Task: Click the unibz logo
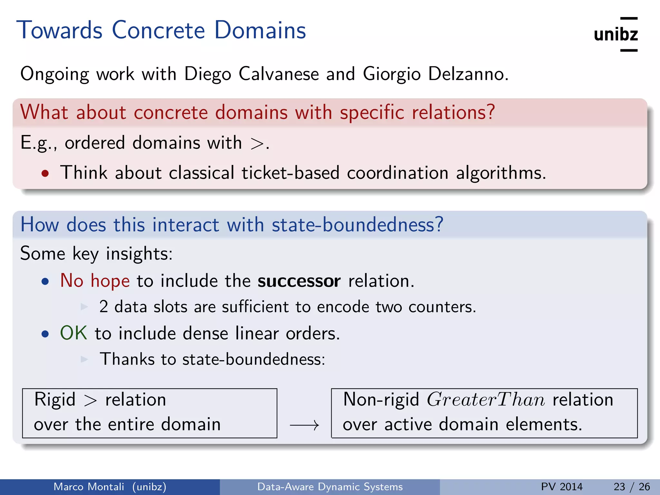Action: pos(616,34)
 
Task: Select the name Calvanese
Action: pos(278,74)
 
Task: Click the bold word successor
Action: pos(299,281)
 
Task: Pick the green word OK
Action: pos(73,333)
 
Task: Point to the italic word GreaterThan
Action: pos(486,400)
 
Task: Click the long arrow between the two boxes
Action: pos(304,425)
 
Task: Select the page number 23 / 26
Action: pos(631,487)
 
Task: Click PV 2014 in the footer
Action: pos(562,487)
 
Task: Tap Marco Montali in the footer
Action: pos(89,487)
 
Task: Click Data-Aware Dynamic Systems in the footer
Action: pos(330,487)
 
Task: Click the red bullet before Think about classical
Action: pos(45,173)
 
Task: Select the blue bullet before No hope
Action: pos(45,282)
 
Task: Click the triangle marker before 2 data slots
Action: pos(84,306)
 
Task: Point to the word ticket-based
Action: pos(290,173)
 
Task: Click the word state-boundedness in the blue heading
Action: pos(357,225)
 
